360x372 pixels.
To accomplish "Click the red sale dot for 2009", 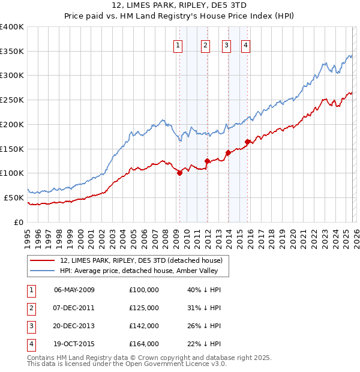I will click(179, 173).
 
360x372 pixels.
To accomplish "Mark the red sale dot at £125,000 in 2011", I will click(207, 161).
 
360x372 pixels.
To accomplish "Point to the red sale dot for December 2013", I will click(228, 152).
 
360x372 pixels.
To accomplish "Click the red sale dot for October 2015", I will click(247, 142).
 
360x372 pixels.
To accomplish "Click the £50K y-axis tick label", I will click(14, 197).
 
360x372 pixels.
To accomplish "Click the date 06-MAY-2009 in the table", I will click(74, 290).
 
